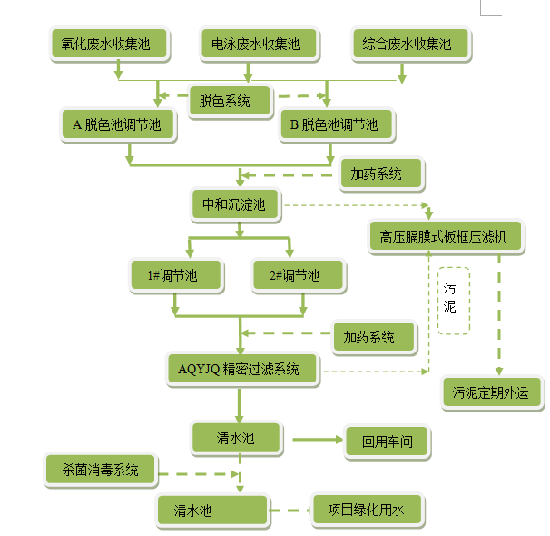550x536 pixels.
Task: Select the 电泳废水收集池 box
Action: click(250, 44)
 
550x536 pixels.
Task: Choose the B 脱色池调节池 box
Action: click(334, 125)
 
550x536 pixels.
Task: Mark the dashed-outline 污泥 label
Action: click(454, 301)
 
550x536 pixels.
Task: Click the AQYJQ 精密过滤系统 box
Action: click(244, 369)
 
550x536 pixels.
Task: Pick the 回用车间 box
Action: click(388, 442)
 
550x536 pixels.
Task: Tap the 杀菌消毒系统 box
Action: click(101, 470)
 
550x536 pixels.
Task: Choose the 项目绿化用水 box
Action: click(366, 509)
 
